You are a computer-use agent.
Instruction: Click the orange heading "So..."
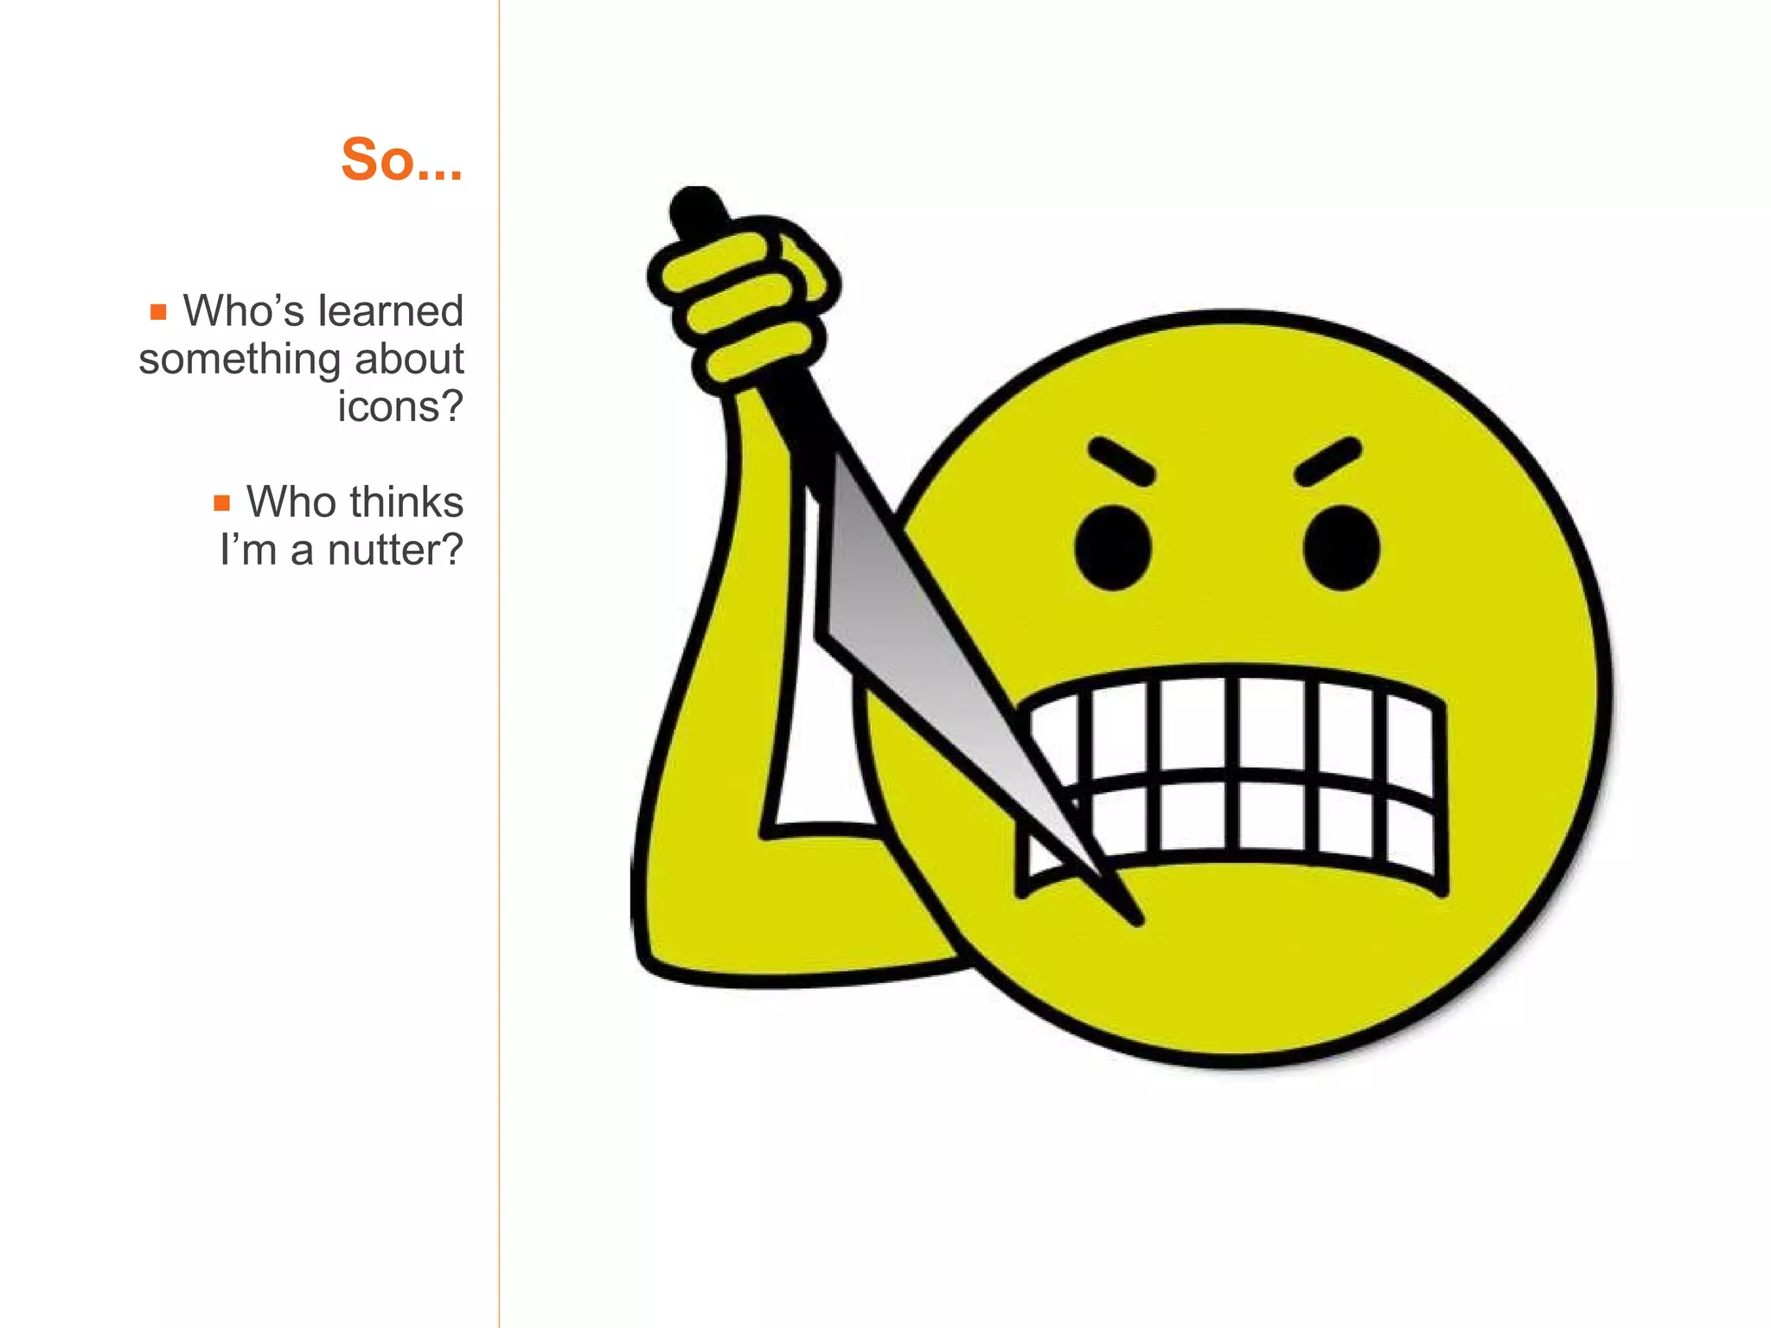coord(402,160)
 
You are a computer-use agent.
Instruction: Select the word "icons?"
coord(400,406)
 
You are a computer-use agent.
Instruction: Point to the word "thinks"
coord(406,502)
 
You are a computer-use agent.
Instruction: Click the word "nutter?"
coord(395,550)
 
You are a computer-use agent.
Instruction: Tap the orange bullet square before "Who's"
coord(158,312)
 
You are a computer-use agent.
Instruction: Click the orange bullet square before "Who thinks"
coord(222,503)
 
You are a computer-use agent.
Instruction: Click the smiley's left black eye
coord(1114,548)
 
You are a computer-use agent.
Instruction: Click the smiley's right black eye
coord(1341,548)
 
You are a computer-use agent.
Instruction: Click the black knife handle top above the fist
coord(698,210)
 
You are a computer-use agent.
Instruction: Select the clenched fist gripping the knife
coord(744,298)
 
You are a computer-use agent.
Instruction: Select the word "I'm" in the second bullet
coord(248,550)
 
